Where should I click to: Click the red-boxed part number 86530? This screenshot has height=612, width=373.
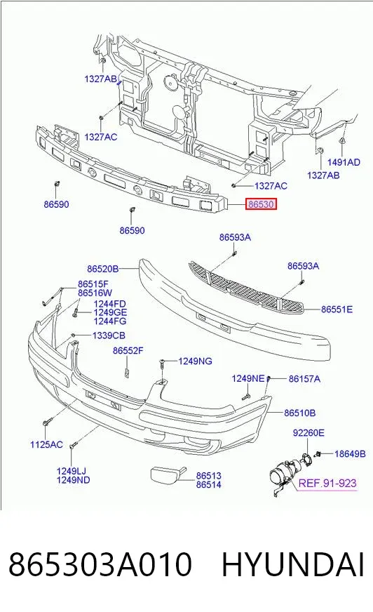[x=261, y=204]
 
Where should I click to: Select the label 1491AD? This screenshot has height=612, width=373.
[x=344, y=162]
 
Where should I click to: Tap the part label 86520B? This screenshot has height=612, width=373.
[x=102, y=269]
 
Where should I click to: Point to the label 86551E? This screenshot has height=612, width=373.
[x=337, y=309]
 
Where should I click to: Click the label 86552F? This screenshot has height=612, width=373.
[x=128, y=350]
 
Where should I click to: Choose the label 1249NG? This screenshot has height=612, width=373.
[x=196, y=361]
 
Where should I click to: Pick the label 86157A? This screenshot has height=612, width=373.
[x=304, y=378]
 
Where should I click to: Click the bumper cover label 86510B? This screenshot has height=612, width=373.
[x=299, y=413]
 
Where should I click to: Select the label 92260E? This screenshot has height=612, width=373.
[x=308, y=432]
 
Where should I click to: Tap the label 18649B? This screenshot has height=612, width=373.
[x=350, y=453]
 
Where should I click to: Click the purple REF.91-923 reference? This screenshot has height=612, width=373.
[x=327, y=483]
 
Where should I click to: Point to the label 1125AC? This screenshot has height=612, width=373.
[x=46, y=444]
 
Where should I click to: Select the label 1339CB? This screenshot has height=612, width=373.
[x=109, y=335]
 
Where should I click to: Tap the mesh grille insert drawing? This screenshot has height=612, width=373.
[x=247, y=287]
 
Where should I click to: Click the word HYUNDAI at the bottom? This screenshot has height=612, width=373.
[x=293, y=564]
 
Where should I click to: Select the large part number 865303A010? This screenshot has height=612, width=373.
[x=100, y=564]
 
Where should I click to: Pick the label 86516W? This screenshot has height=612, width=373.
[x=95, y=293]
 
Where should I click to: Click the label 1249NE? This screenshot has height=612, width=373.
[x=248, y=378]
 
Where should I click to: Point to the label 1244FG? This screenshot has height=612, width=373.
[x=110, y=321]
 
